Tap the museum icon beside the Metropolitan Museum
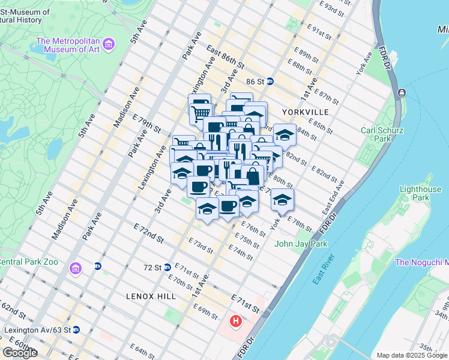109,44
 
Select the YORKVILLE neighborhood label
308,112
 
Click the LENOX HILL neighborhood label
151,296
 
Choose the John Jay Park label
301,244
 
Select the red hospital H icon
236,322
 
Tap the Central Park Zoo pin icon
75,267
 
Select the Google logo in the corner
20,353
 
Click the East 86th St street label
226,56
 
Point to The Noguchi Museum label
421,262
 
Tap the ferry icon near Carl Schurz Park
401,93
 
